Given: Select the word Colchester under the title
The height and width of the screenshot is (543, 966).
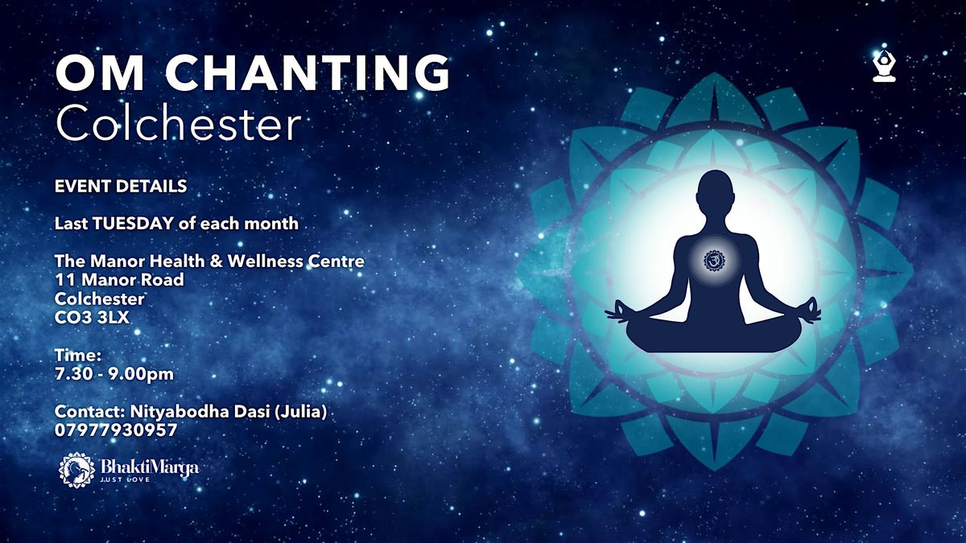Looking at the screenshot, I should (x=178, y=124).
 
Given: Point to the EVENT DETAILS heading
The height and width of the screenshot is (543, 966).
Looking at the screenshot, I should (x=121, y=186).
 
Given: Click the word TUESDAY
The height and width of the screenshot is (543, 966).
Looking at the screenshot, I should (x=134, y=224).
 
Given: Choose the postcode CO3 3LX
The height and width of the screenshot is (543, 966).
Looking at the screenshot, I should (x=92, y=319).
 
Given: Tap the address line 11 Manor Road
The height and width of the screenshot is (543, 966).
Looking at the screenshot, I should (x=119, y=280).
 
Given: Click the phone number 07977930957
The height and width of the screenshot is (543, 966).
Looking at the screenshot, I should (x=116, y=430).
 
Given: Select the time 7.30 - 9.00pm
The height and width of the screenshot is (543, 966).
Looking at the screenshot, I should (x=114, y=373).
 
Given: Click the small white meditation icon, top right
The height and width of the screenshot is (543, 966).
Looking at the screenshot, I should (x=885, y=67).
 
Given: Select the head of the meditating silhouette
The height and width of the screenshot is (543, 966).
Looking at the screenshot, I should (x=712, y=190).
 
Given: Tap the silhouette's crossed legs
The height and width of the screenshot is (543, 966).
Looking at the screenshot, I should (x=712, y=334).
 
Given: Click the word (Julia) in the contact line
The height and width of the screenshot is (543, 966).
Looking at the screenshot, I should (x=303, y=412).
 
